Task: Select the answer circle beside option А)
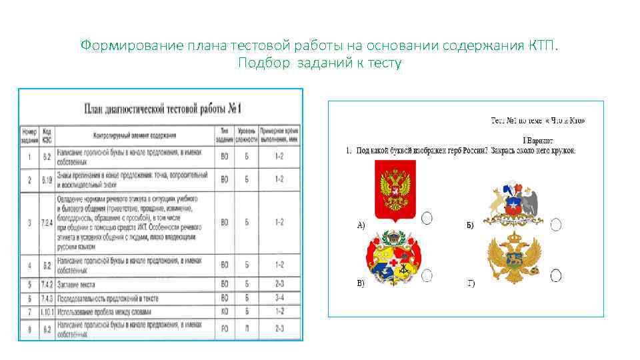click(x=427, y=217)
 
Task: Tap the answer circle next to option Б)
click(x=556, y=225)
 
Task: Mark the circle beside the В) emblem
click(x=427, y=275)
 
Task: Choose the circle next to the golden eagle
click(x=556, y=275)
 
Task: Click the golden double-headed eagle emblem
click(x=513, y=259)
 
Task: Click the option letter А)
click(x=361, y=225)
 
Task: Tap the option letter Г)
click(x=471, y=283)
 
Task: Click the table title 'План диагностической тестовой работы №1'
click(x=162, y=108)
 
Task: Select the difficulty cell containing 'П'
click(x=247, y=327)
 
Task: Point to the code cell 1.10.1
click(x=47, y=311)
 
